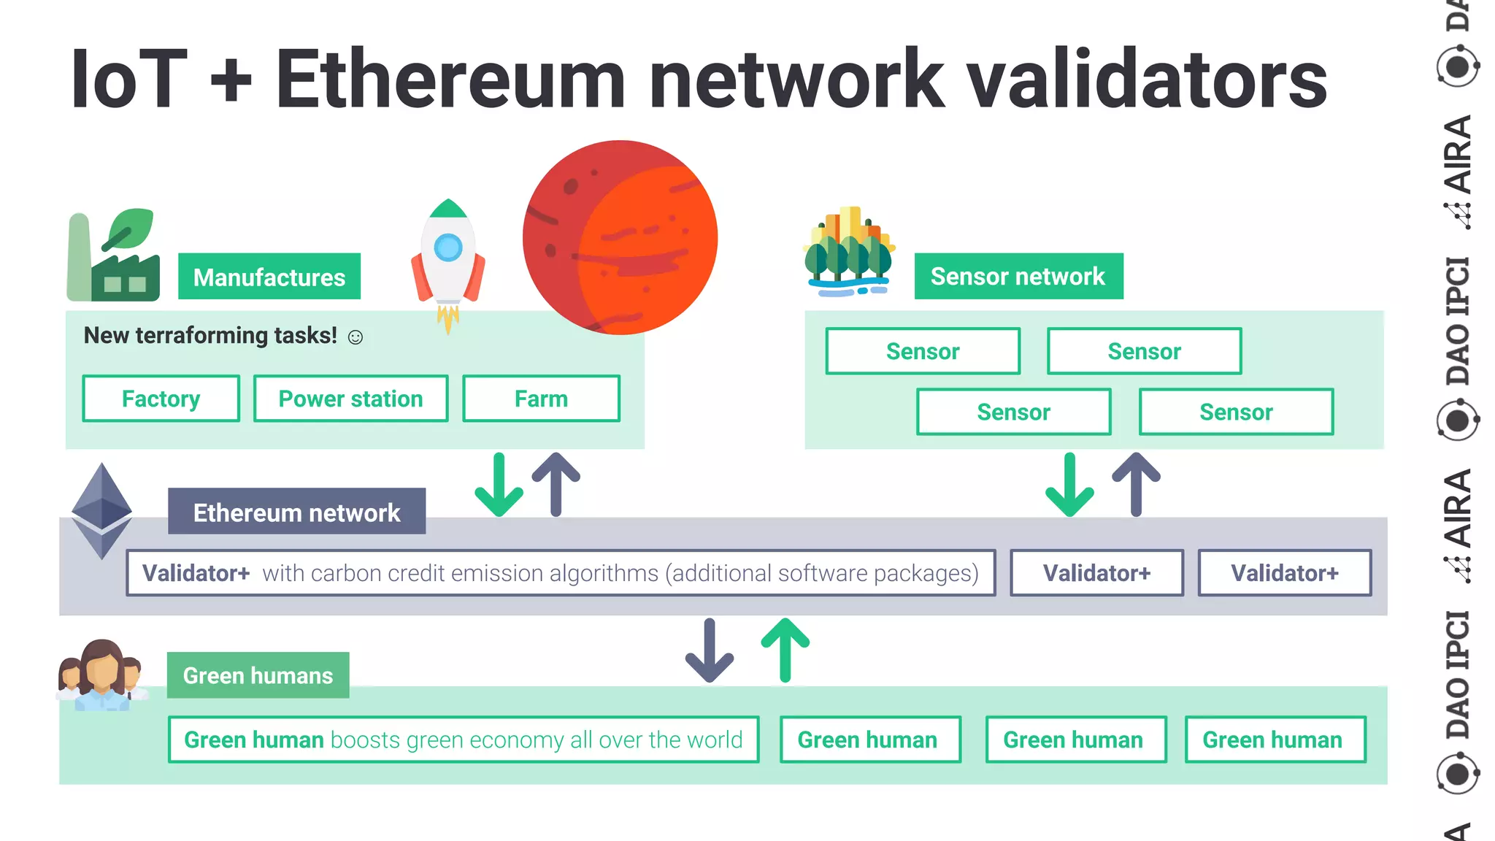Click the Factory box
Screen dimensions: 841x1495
(161, 399)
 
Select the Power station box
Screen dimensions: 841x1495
(350, 399)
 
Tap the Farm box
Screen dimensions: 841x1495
(541, 399)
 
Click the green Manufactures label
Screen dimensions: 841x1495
(269, 277)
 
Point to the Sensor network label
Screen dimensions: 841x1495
(1018, 277)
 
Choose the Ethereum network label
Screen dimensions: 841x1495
(296, 512)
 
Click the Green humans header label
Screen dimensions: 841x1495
(258, 675)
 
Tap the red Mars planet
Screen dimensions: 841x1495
(620, 237)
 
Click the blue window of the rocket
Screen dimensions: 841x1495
(448, 247)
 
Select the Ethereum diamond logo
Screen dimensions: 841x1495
(101, 511)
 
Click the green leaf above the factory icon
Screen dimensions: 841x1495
(130, 229)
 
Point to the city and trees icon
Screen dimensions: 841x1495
(848, 252)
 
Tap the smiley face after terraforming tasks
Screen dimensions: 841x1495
(356, 337)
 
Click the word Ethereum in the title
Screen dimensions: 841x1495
(450, 79)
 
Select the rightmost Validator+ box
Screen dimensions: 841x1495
(1285, 573)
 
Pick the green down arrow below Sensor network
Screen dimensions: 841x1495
(1069, 485)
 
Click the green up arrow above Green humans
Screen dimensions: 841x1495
(785, 649)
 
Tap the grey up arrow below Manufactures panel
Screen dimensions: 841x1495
(556, 483)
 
